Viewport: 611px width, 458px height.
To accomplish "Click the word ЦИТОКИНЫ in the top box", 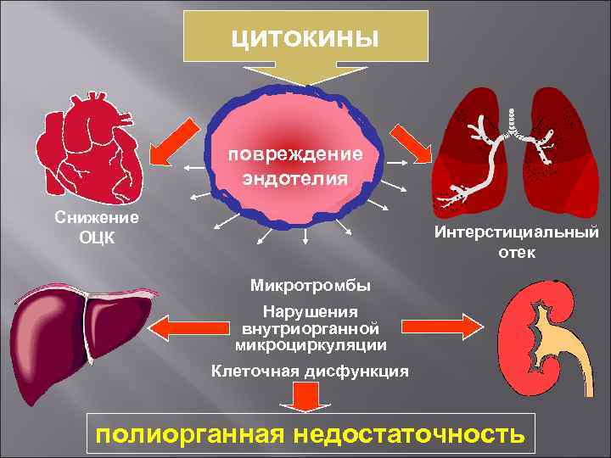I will [x=306, y=38].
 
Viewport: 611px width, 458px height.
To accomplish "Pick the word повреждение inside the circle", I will [x=294, y=156].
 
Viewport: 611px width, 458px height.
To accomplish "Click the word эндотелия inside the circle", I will [x=294, y=177].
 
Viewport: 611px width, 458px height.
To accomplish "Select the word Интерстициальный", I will [x=516, y=232].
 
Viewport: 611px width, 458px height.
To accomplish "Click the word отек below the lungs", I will [x=517, y=252].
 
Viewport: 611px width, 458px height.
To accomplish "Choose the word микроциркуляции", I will [x=311, y=346].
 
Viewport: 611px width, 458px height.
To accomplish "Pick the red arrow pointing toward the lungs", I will [x=412, y=145].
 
